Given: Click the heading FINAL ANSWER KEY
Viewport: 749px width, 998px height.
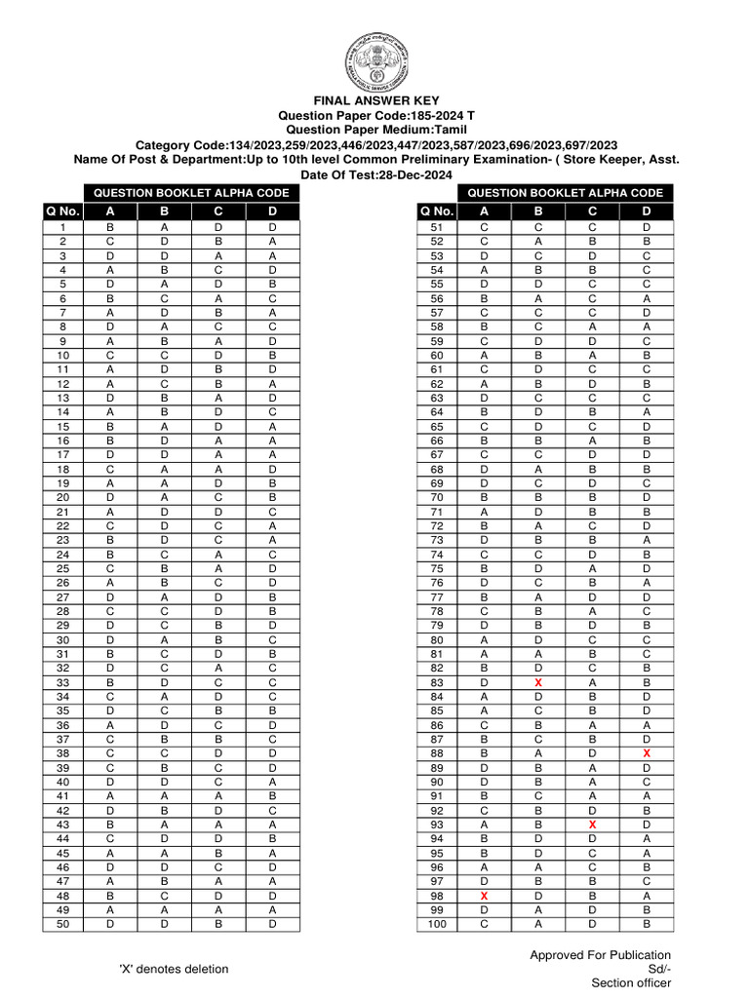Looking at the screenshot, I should pyautogui.click(x=376, y=100).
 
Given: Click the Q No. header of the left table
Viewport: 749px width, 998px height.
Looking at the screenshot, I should pyautogui.click(x=62, y=211).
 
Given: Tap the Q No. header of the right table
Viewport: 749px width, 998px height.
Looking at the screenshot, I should pyautogui.click(x=437, y=211).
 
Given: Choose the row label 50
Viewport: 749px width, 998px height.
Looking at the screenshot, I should pyautogui.click(x=62, y=924).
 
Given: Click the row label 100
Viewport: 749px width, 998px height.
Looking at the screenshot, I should pyautogui.click(x=437, y=924).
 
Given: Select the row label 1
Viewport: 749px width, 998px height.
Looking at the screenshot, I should pyautogui.click(x=62, y=227).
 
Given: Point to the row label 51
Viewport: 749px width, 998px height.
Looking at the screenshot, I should pyautogui.click(x=437, y=227).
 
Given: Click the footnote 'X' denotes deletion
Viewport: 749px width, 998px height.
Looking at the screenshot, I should pyautogui.click(x=174, y=969).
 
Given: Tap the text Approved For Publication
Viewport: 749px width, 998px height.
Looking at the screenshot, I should pyautogui.click(x=601, y=954).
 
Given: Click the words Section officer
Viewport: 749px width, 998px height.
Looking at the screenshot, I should pyautogui.click(x=631, y=983).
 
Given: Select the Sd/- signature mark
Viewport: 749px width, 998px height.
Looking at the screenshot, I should pyautogui.click(x=659, y=969).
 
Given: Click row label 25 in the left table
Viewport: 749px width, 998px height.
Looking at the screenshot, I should pyautogui.click(x=62, y=569).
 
